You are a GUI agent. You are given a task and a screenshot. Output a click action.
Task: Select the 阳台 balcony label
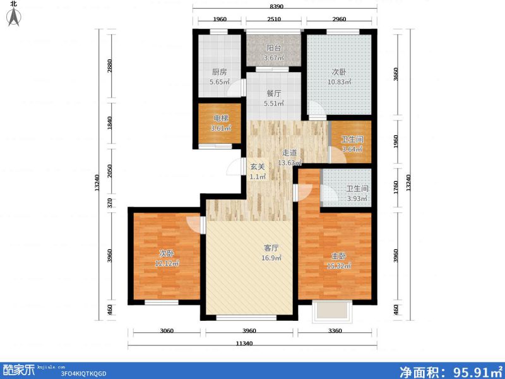point(273,47)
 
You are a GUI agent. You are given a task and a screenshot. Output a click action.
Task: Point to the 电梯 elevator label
point(220,118)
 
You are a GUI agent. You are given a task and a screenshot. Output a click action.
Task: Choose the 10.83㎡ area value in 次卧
point(338,82)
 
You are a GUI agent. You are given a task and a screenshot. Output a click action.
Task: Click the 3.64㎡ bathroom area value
point(352,150)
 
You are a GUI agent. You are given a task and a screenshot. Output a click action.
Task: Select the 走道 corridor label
point(289,153)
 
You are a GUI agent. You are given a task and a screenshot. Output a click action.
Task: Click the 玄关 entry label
point(257,167)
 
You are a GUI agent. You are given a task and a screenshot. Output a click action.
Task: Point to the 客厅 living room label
point(271,248)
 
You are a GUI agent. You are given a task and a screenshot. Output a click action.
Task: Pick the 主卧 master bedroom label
point(340,256)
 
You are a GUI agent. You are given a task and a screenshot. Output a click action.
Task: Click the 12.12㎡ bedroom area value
point(167,263)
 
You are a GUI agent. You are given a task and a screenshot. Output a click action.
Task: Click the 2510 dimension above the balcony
point(273,19)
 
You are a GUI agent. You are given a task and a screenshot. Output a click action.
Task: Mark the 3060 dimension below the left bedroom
point(167,331)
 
